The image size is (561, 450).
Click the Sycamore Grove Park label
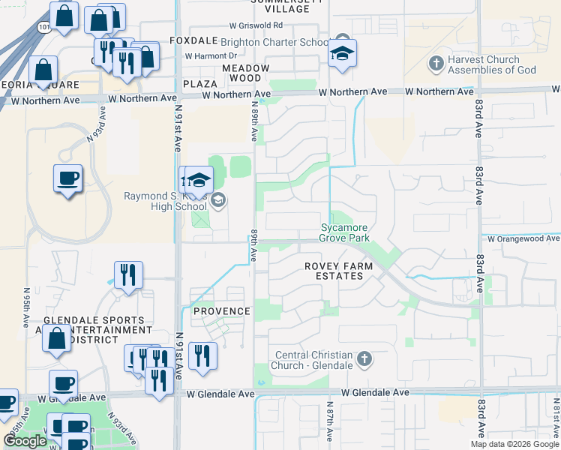(345, 232)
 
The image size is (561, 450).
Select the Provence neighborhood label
(221, 311)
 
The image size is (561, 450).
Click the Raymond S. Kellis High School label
(165, 202)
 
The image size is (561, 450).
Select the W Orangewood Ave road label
(523, 238)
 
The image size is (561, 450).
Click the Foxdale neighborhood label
(193, 40)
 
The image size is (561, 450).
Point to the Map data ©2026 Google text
(514, 444)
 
